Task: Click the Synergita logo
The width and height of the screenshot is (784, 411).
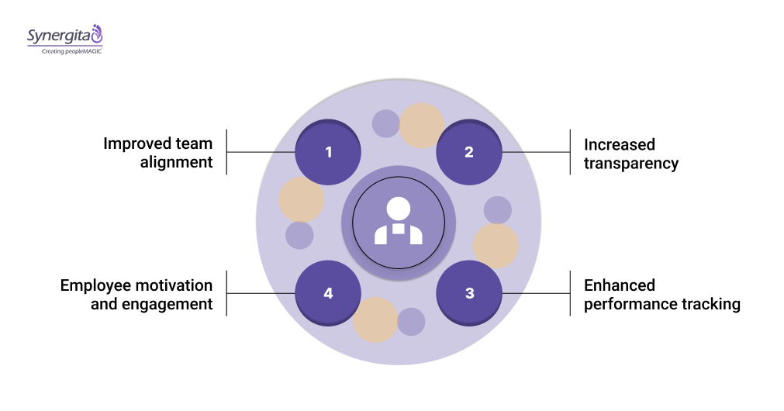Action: pos(64,36)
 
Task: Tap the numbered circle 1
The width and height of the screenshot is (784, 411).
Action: pos(329,152)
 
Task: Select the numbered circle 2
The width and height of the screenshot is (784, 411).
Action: pos(469,152)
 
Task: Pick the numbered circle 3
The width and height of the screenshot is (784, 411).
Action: pos(469,293)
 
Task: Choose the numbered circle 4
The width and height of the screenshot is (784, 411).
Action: pos(329,293)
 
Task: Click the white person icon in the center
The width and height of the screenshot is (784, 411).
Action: pos(399,222)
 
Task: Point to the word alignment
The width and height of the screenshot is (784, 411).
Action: pos(177,163)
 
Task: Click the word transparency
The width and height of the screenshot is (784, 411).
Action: pos(631,163)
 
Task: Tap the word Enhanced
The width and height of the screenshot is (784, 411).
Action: pos(620,285)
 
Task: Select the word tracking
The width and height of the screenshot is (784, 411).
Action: pos(710,304)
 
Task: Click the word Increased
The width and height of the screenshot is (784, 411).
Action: pos(620,144)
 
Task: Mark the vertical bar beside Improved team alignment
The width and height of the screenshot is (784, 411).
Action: pos(226,152)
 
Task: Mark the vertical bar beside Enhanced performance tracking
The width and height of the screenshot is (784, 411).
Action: pos(571,293)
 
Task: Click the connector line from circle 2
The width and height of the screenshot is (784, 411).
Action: pos(536,152)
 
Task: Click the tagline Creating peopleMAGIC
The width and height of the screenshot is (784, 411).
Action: pos(65,50)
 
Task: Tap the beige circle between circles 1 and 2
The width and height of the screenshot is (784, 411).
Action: pos(422,126)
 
